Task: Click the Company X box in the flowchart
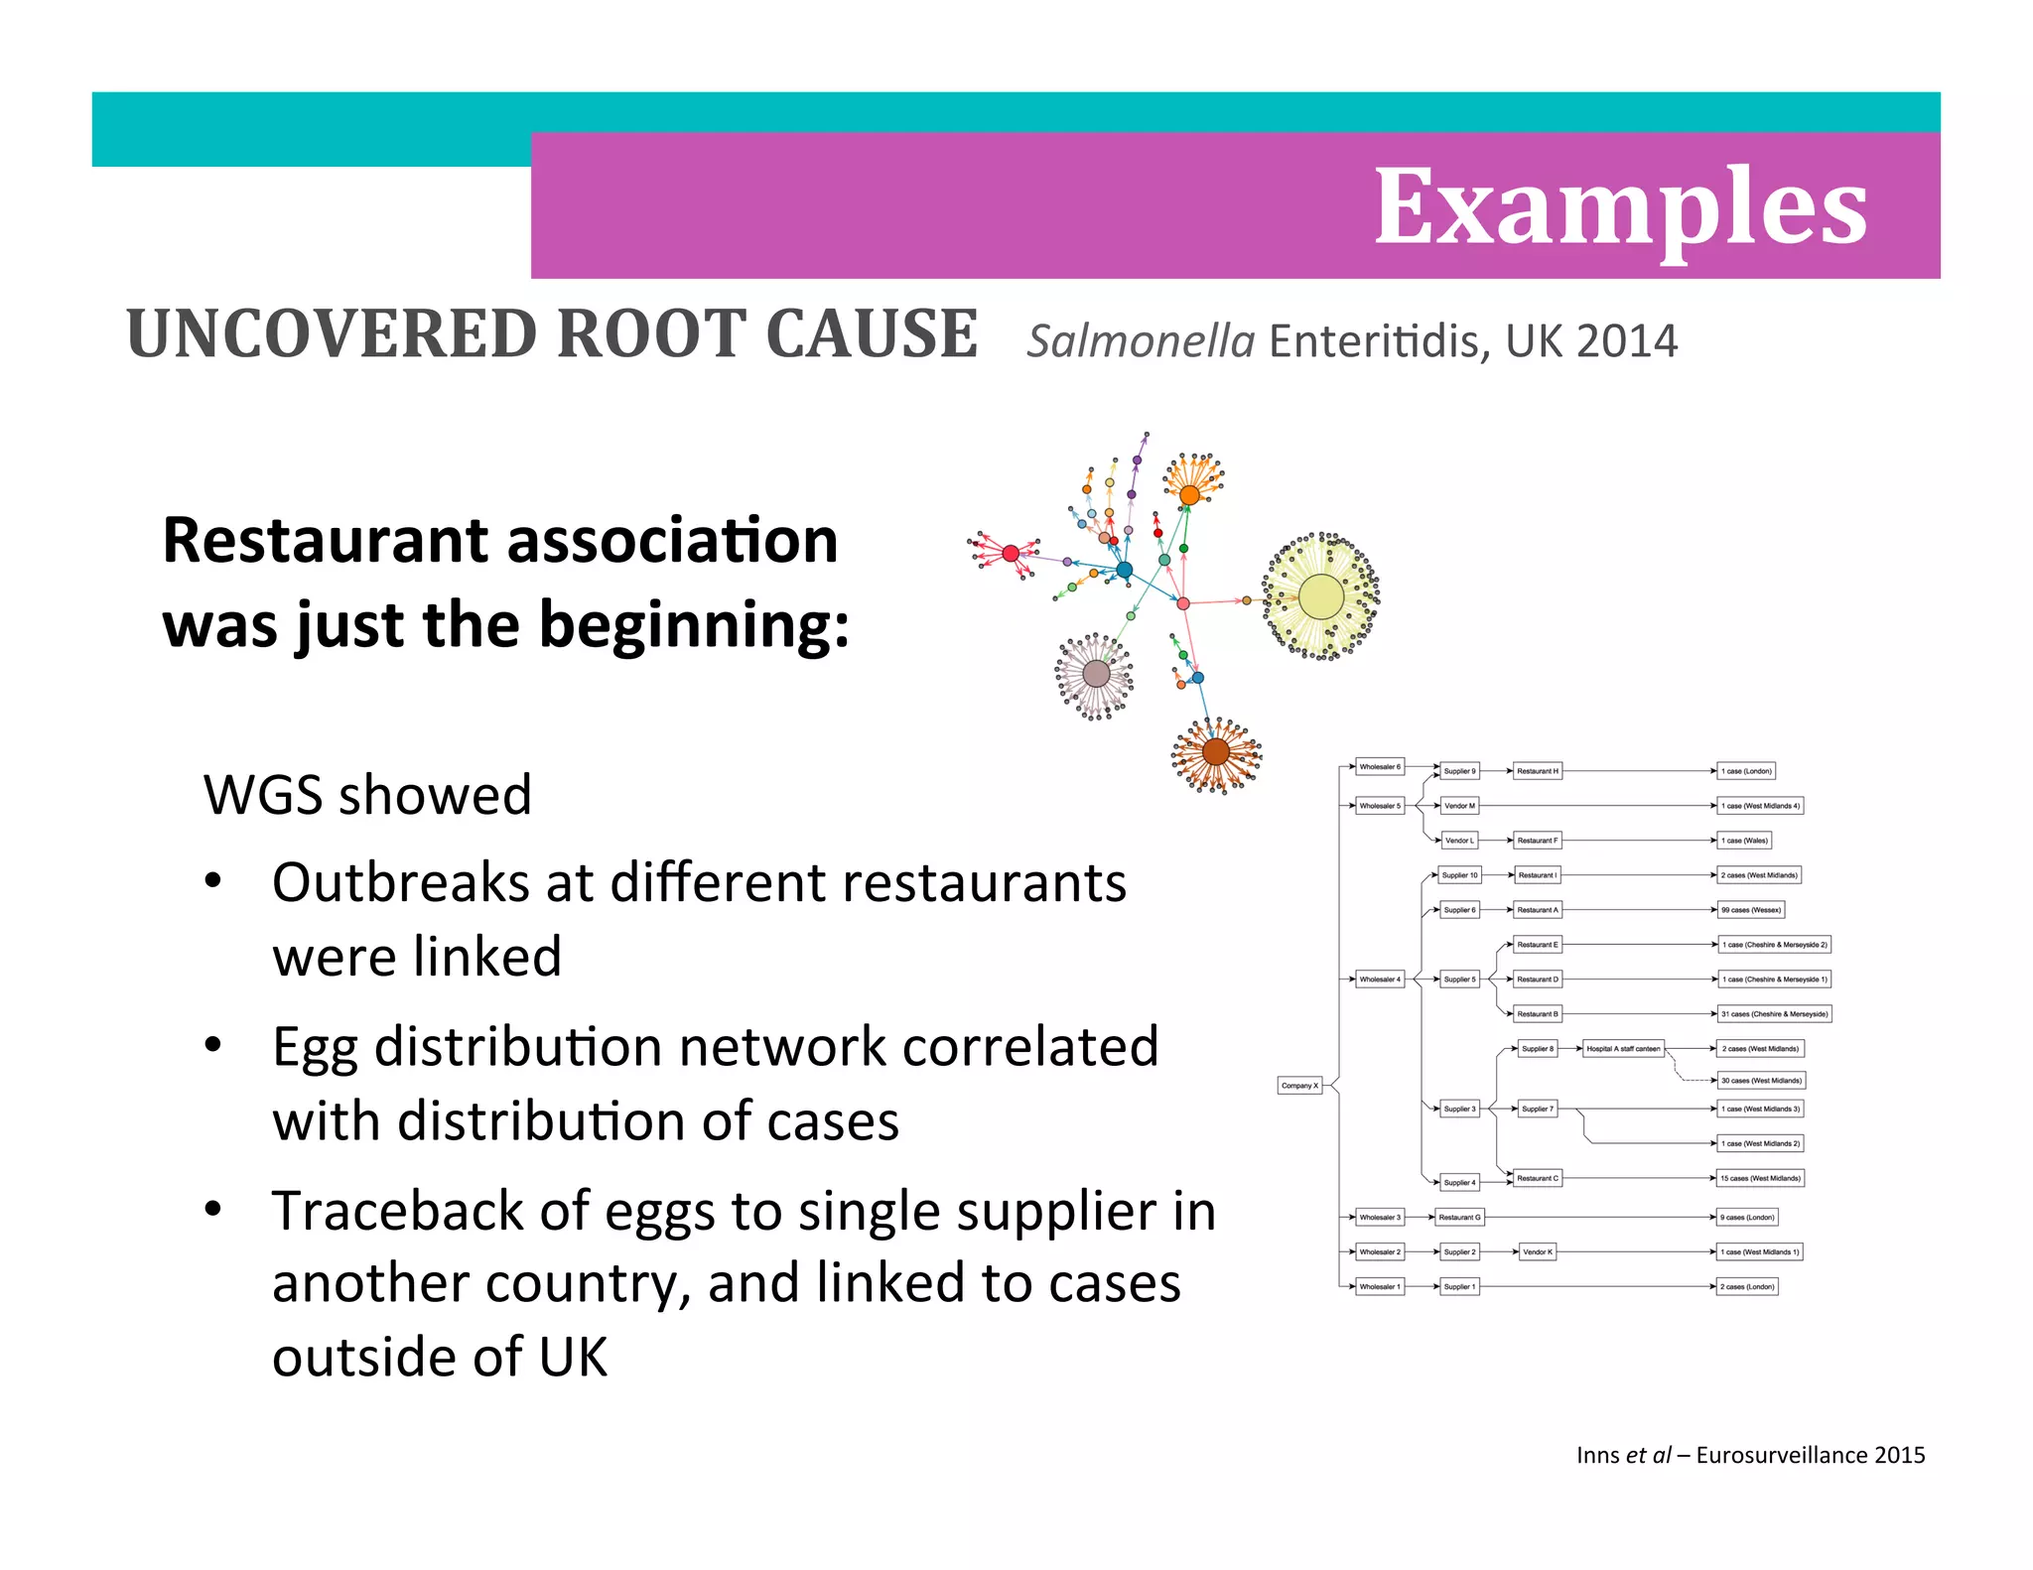(x=1299, y=1086)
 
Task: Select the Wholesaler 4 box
(x=1380, y=980)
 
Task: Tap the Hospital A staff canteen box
(x=1623, y=1049)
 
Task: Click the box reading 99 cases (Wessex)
(x=1751, y=910)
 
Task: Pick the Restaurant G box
(x=1459, y=1218)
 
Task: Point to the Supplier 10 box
(x=1459, y=875)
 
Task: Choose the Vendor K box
(x=1537, y=1252)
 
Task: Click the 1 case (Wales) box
(x=1744, y=841)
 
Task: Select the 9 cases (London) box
(x=1747, y=1218)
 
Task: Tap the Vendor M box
(x=1459, y=806)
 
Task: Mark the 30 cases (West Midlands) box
(x=1761, y=1081)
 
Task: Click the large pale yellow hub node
(x=1320, y=597)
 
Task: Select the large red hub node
(x=1011, y=554)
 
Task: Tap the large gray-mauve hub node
(x=1096, y=674)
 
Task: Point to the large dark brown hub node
(x=1216, y=752)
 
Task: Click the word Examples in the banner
(x=1620, y=207)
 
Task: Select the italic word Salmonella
(x=1141, y=341)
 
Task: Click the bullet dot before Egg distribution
(x=212, y=1046)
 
